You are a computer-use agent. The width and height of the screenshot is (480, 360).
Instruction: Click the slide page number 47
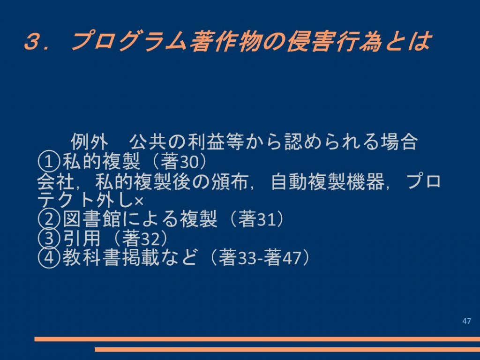point(466,321)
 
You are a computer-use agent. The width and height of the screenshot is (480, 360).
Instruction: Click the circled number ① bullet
point(48,162)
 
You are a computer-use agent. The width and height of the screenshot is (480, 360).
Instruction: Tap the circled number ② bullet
point(48,219)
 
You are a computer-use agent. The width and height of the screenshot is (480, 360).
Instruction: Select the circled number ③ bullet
point(48,239)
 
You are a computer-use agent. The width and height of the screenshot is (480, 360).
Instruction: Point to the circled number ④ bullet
point(48,257)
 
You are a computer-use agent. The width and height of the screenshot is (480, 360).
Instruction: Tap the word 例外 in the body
point(90,142)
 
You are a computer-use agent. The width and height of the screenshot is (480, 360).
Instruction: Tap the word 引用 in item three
point(82,238)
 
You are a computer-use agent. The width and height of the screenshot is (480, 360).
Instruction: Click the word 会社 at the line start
point(56,181)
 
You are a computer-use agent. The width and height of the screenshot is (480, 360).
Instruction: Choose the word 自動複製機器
point(328,181)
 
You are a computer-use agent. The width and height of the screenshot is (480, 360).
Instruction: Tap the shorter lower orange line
point(287,349)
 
